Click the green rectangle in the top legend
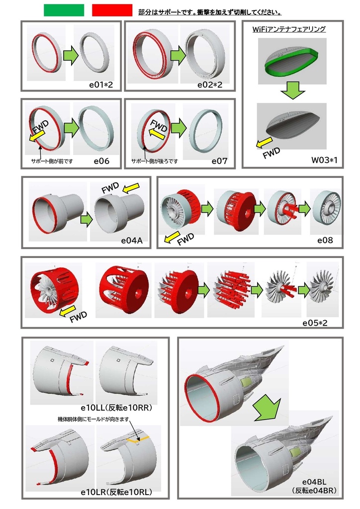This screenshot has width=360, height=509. coord(64,10)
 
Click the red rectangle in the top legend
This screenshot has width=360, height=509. coord(112,10)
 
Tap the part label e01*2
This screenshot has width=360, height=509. coord(101,85)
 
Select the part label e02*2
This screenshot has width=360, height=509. coord(209,85)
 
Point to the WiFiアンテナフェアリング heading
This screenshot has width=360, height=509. coord(289,29)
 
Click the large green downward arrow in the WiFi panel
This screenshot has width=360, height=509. coord(291,90)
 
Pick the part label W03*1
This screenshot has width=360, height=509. coord(324,160)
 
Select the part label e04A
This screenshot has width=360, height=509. coord(132,241)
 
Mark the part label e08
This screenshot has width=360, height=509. coord(325,241)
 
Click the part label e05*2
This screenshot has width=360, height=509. coord(318,323)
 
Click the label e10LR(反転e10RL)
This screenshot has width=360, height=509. coord(116,492)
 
